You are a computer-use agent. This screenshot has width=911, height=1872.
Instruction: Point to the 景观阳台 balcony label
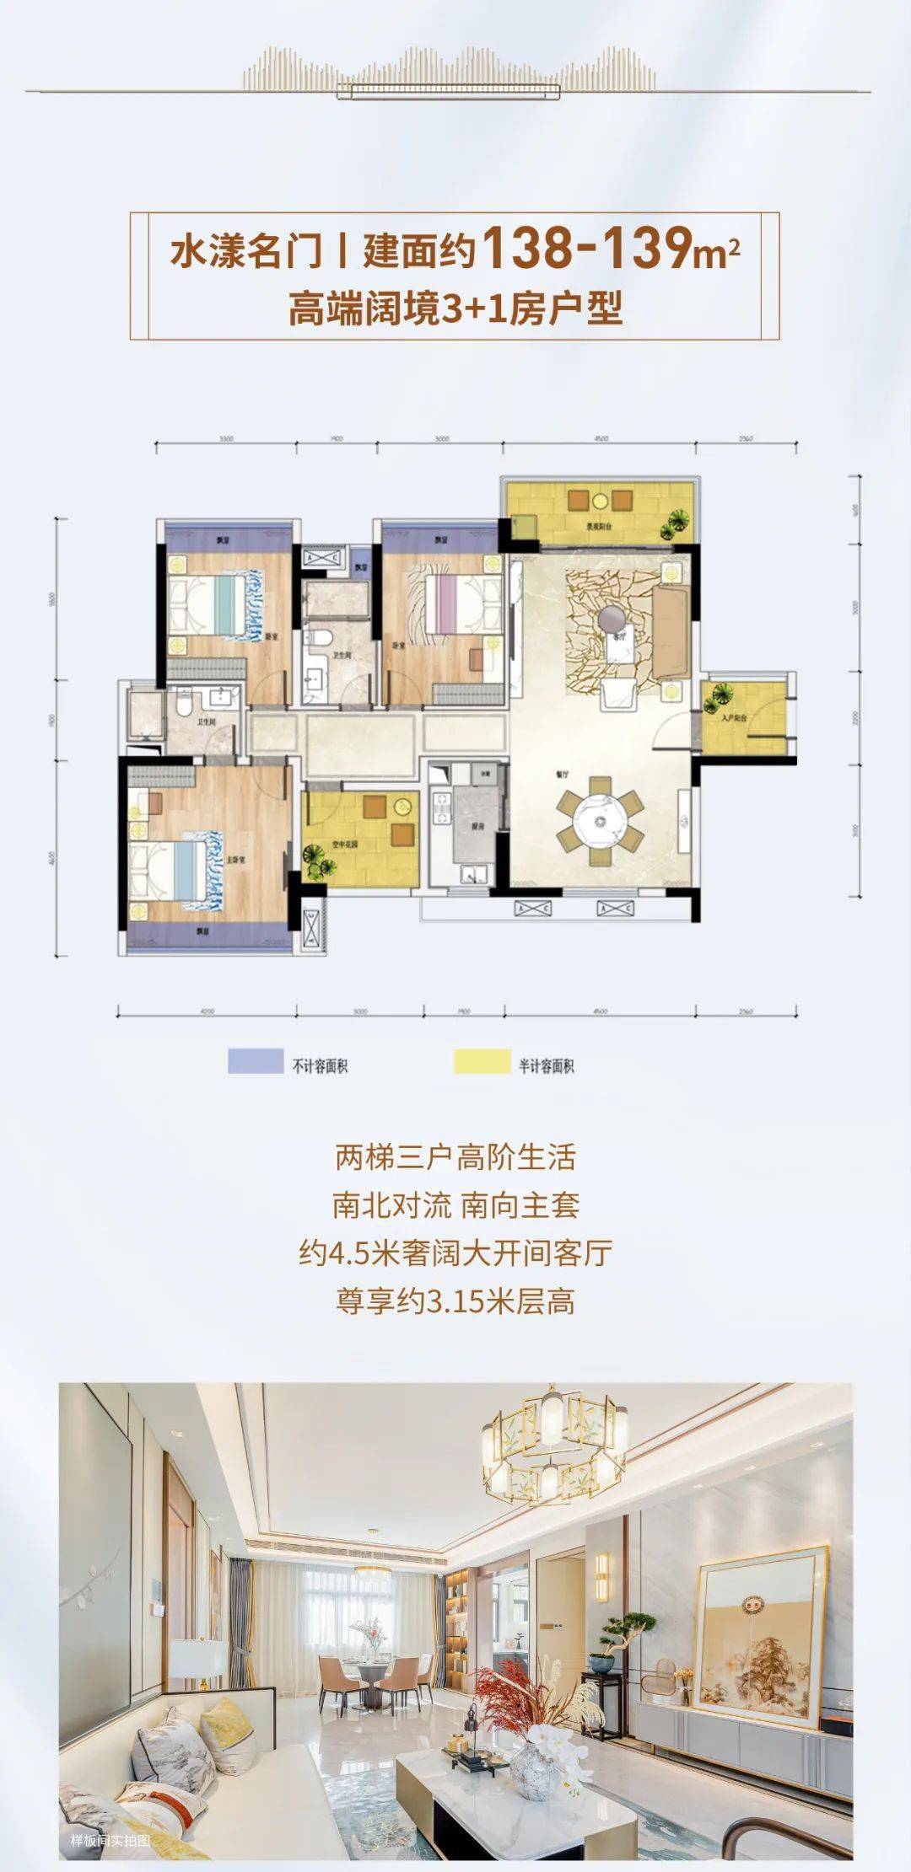pyautogui.click(x=600, y=527)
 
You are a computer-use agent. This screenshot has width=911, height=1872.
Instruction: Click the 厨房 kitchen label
pyautogui.click(x=478, y=827)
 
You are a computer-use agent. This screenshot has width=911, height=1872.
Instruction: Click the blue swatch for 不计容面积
pyautogui.click(x=255, y=1061)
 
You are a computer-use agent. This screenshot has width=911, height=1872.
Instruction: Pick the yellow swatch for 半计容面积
pyautogui.click(x=482, y=1061)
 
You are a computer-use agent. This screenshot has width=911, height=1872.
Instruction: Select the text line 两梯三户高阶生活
pyautogui.click(x=455, y=1157)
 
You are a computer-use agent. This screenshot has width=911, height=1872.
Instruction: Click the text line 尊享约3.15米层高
pyautogui.click(x=455, y=1301)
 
